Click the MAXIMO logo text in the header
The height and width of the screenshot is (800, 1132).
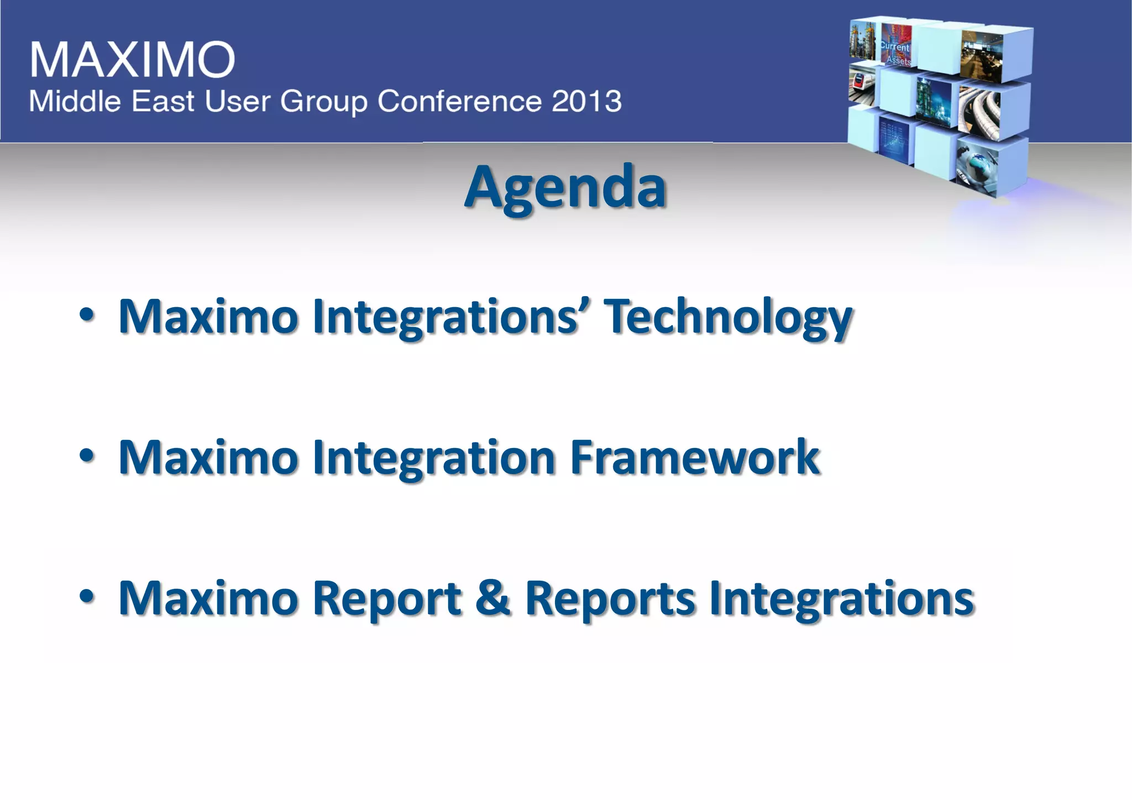click(133, 59)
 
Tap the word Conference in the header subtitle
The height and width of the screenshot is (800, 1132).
click(459, 101)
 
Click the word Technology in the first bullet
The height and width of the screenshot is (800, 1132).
click(727, 317)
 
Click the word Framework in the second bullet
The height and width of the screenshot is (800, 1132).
click(694, 457)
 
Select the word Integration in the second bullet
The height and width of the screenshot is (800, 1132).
click(434, 457)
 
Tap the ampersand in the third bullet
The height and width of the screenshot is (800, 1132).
click(492, 598)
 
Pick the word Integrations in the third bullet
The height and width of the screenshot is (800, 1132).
click(841, 599)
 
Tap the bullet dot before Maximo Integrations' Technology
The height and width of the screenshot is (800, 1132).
click(87, 315)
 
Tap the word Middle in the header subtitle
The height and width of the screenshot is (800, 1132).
click(75, 101)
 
